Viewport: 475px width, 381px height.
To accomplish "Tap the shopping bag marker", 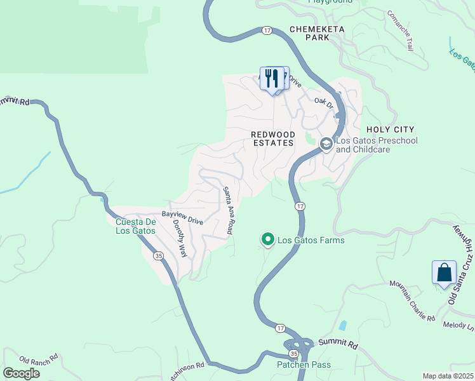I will (444, 272).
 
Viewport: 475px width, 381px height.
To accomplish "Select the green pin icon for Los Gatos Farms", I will (268, 239).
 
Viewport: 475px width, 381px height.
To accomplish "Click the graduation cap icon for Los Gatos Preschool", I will (326, 144).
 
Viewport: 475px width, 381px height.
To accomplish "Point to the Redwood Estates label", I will (272, 138).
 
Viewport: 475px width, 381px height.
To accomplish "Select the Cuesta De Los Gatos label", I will (135, 226).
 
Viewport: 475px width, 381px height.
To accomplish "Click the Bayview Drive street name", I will (182, 218).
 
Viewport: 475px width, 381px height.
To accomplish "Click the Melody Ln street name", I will (461, 325).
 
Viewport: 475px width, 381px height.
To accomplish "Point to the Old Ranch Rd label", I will (39, 359).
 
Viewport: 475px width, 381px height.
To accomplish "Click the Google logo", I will (20, 373).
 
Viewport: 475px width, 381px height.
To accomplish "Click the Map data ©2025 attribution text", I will (448, 376).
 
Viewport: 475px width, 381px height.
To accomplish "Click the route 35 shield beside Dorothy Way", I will (157, 255).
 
